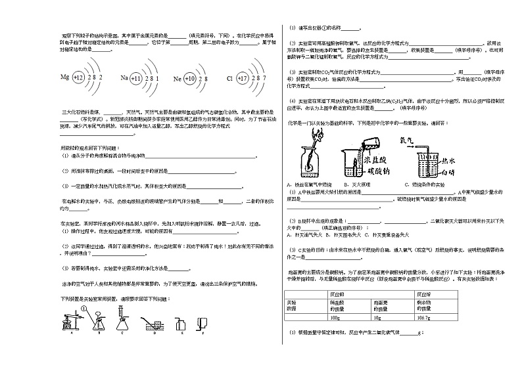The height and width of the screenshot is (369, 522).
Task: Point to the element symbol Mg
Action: [x=64, y=77]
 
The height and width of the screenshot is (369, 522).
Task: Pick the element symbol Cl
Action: [x=229, y=78]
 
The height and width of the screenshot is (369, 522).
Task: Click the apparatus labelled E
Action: [x=181, y=323]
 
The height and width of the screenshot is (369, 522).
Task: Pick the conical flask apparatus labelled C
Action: [x=122, y=322]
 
